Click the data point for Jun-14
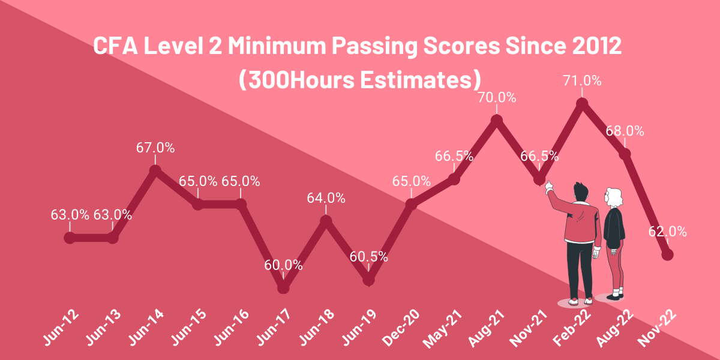(155, 171)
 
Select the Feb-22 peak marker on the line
(581, 104)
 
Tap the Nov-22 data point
(667, 255)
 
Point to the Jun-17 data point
(284, 288)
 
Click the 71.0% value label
(581, 80)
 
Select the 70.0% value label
(496, 97)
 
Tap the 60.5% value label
(368, 257)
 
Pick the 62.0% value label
(667, 232)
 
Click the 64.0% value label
(326, 198)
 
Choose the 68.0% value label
(625, 131)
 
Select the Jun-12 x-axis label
(61, 328)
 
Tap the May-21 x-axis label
(445, 328)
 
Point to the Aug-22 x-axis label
(616, 328)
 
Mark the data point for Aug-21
(496, 121)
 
